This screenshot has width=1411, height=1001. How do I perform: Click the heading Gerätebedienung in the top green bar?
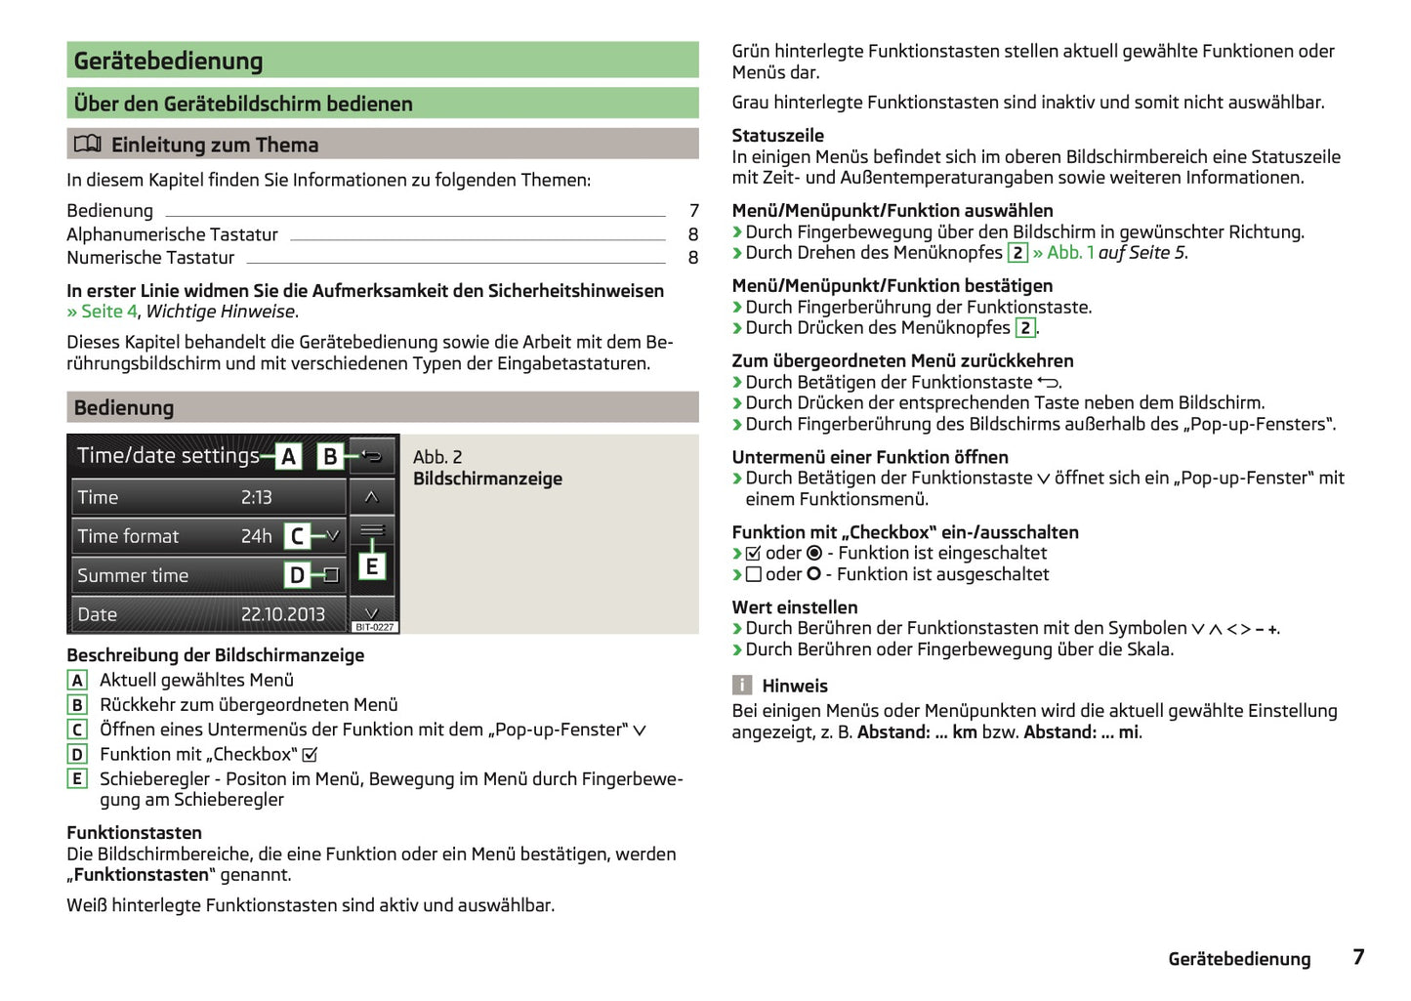[x=169, y=61]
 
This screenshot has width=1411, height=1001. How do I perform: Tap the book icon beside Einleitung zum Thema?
[x=87, y=145]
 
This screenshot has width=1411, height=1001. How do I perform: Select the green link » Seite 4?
[x=102, y=312]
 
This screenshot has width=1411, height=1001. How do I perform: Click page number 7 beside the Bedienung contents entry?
[x=693, y=211]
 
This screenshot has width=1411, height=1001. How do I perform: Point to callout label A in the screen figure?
[x=288, y=456]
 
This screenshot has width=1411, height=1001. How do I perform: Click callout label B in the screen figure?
[x=330, y=456]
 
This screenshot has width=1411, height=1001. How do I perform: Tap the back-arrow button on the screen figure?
[x=372, y=456]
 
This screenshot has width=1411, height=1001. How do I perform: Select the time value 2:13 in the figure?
[x=256, y=497]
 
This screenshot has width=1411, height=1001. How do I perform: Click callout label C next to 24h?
[x=297, y=536]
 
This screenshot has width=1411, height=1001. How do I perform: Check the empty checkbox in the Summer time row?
[x=332, y=575]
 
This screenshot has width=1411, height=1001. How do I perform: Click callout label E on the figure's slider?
[x=371, y=566]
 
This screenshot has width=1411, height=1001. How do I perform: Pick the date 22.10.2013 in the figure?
[x=282, y=614]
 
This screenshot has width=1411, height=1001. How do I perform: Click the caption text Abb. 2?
[x=437, y=457]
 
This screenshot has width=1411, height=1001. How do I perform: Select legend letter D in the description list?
[x=77, y=754]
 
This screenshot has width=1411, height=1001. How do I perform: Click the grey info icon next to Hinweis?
[x=742, y=686]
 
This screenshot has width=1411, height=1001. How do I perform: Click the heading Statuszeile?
[x=777, y=136]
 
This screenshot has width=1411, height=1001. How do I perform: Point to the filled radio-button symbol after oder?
[x=814, y=554]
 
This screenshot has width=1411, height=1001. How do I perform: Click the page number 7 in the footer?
[x=1357, y=957]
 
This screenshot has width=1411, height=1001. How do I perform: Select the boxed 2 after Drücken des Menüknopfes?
[x=1024, y=328]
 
